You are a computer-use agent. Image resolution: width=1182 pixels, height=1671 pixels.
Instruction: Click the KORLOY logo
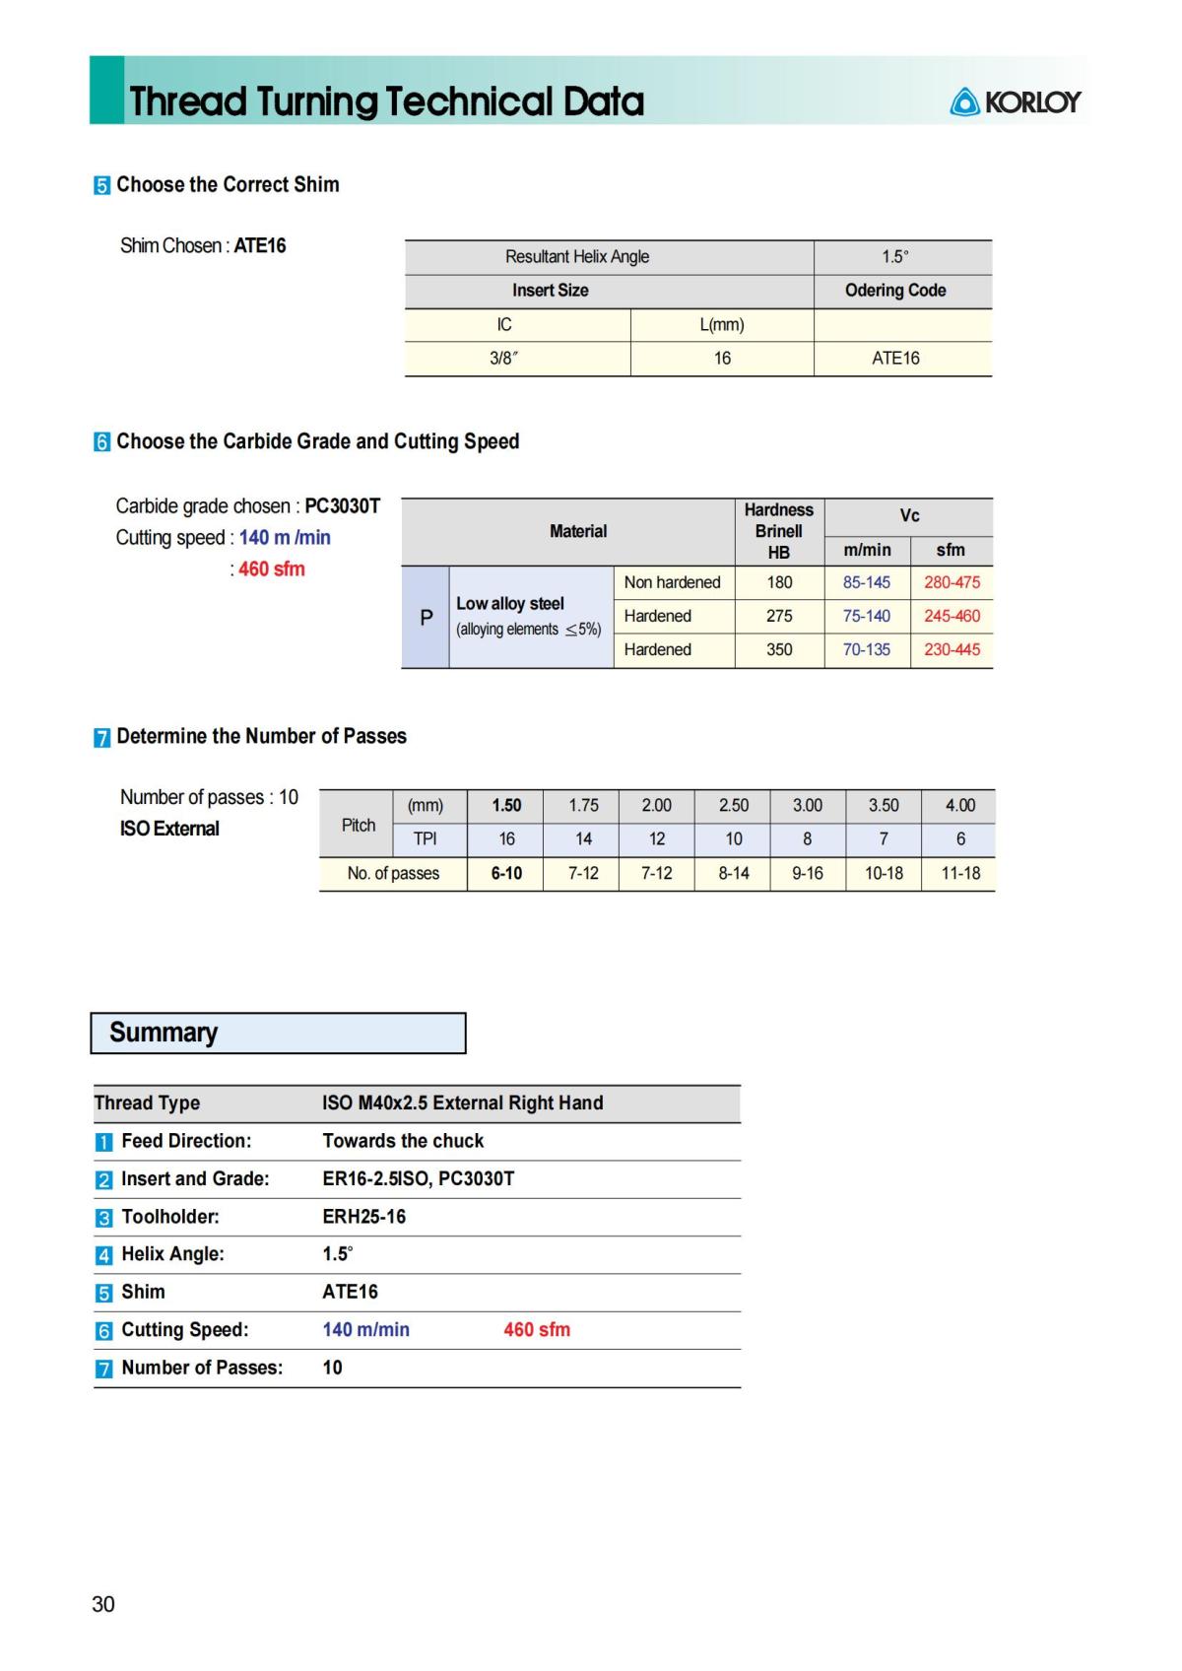click(x=1016, y=101)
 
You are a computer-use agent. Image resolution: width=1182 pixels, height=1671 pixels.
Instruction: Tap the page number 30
click(x=103, y=1604)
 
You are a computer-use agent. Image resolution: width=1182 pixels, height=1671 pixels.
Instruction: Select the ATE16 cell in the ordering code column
click(x=894, y=359)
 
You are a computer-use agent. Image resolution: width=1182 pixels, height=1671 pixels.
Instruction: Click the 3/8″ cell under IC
click(x=503, y=359)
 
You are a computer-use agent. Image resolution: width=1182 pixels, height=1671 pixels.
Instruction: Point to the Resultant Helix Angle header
click(x=577, y=257)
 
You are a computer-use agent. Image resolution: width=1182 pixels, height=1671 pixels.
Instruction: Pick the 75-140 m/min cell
click(x=866, y=616)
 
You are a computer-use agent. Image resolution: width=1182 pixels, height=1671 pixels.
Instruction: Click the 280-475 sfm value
click(x=952, y=582)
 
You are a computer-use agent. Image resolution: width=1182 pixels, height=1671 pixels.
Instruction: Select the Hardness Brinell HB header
click(x=778, y=531)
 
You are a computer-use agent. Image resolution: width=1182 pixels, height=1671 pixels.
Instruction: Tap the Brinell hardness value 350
click(x=779, y=649)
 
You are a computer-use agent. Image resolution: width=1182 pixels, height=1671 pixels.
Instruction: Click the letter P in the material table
click(x=426, y=618)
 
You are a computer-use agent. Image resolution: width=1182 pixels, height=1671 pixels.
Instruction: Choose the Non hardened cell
click(x=672, y=582)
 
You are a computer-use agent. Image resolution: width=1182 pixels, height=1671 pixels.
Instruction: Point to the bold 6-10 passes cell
click(x=506, y=873)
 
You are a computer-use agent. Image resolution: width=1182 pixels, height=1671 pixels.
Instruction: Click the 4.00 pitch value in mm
click(x=959, y=805)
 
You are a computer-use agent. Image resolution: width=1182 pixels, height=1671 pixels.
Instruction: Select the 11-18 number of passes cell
click(x=959, y=873)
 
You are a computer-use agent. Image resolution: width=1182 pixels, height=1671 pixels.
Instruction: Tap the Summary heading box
click(x=278, y=1033)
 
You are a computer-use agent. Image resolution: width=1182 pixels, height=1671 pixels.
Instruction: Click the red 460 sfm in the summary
click(x=537, y=1330)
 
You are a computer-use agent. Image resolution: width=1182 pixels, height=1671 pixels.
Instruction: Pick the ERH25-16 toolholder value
click(x=363, y=1217)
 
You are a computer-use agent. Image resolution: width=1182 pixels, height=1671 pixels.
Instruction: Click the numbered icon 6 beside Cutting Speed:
click(x=103, y=1331)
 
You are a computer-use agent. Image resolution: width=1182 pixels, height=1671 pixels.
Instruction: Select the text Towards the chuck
click(x=403, y=1141)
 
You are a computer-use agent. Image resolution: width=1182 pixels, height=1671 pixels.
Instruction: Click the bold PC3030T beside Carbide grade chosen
click(x=342, y=506)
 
